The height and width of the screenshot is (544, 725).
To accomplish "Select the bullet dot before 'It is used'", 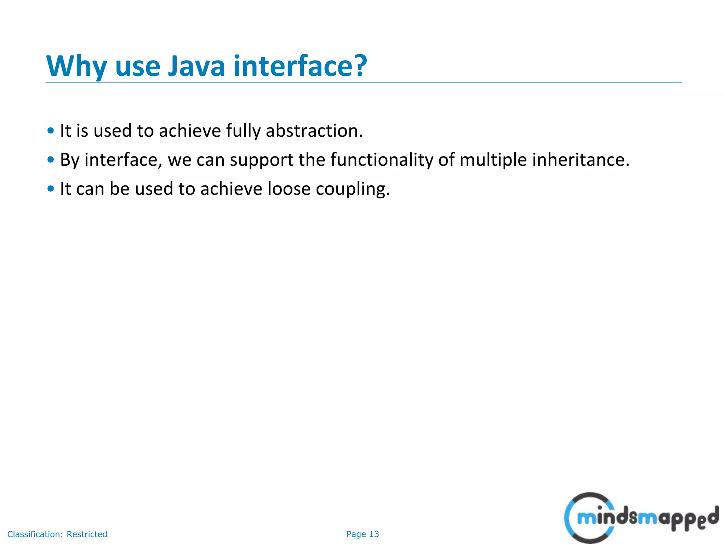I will coord(51,131).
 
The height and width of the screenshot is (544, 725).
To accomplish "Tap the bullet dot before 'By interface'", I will coord(51,160).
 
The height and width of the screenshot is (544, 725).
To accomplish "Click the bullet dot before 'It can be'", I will coord(51,189).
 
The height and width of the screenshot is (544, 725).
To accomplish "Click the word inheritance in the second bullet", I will coord(581,160).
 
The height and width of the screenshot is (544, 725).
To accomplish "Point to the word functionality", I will coord(382,160).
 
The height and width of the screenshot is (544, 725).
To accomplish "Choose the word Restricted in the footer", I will coord(87,534).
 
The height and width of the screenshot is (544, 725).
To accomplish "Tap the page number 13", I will coord(374,534).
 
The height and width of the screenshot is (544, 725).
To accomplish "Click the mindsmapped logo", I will coord(641,518).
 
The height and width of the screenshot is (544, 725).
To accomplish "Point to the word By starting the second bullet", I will coord(69,160).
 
